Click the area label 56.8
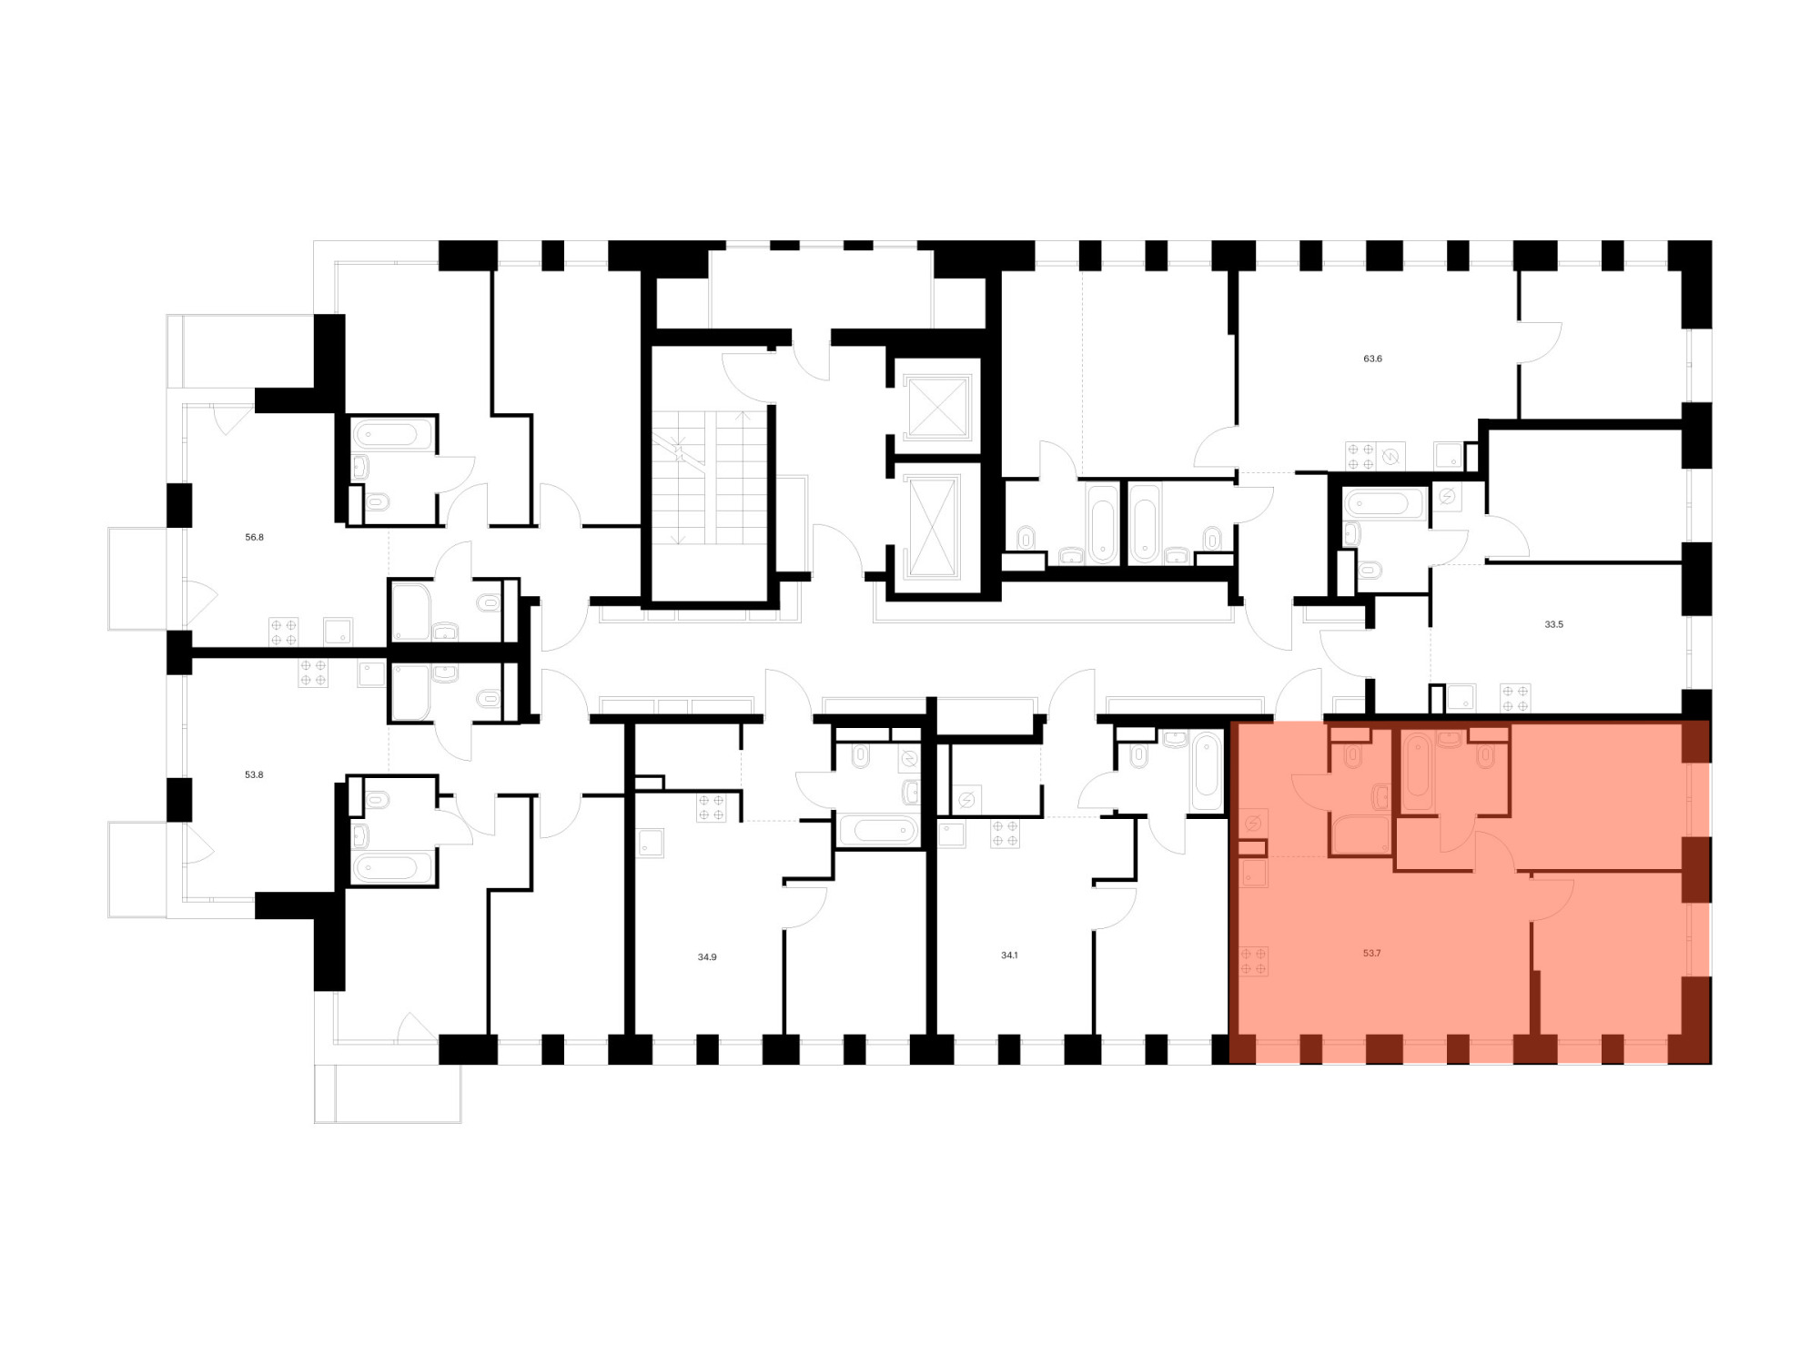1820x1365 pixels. point(254,538)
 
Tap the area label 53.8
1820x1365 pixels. point(254,775)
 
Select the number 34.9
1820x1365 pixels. point(707,957)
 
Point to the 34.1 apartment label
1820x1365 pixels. point(1009,955)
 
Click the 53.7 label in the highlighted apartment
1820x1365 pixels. point(1372,954)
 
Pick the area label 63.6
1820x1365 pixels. point(1372,359)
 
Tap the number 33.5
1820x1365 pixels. point(1553,625)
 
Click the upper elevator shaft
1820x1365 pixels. point(936,406)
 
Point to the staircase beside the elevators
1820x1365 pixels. point(710,478)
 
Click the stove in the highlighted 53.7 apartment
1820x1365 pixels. point(1254,961)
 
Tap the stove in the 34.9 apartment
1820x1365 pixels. point(712,808)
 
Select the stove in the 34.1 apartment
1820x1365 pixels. point(1006,834)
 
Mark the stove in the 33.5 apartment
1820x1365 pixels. point(1515,698)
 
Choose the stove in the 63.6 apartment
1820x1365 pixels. point(1361,456)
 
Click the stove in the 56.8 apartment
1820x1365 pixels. point(284,632)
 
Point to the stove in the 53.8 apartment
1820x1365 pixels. point(313,673)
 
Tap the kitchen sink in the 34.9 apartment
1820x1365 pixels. point(651,844)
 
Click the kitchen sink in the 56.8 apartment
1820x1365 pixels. point(339,632)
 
